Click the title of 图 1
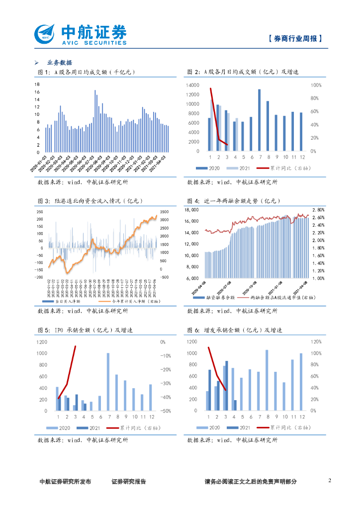[87, 73]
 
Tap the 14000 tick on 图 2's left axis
[192, 85]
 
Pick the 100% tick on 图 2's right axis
[316, 85]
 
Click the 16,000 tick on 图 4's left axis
[191, 221]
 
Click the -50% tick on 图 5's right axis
[166, 411]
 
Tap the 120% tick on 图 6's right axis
[316, 342]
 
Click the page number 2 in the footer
[330, 480]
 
